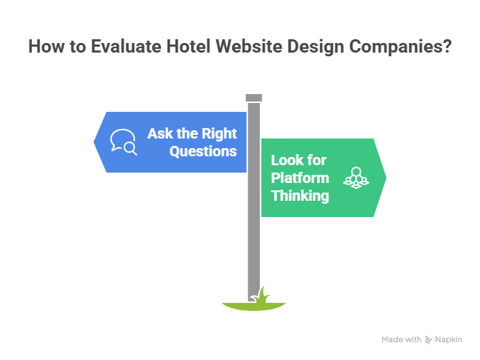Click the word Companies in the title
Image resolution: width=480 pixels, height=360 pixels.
click(392, 47)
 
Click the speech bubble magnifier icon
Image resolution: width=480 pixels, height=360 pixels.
click(124, 142)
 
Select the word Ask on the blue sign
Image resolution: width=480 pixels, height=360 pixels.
click(160, 134)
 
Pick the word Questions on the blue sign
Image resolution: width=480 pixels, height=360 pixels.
click(203, 151)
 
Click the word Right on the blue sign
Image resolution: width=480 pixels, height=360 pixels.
click(219, 134)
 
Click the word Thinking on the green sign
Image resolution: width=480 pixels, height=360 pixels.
click(300, 196)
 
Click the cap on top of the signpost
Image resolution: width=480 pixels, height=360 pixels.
click(254, 97)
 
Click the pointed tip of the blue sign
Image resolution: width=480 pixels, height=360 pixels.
click(94, 142)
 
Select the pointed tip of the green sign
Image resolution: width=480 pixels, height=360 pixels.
click(386, 178)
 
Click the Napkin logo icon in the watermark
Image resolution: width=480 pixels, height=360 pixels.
click(429, 339)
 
